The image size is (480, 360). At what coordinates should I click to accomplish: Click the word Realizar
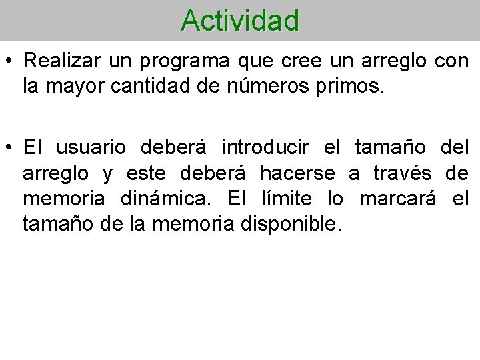59,61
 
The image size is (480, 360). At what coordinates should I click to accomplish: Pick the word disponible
293,224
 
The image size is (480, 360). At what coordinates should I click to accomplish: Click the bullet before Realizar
10,61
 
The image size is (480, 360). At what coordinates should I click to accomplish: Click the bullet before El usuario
10,147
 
